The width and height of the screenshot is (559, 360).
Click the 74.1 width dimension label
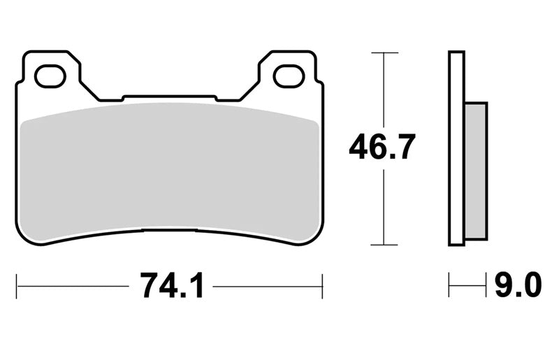pyautogui.click(x=172, y=285)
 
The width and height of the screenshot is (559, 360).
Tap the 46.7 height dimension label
pyautogui.click(x=382, y=146)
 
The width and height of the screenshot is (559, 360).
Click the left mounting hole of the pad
pyautogui.click(x=50, y=76)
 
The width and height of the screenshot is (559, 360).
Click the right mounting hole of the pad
pyautogui.click(x=289, y=76)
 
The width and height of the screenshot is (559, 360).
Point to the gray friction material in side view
pyautogui.click(x=476, y=171)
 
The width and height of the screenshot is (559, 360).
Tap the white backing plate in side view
pyautogui.click(x=457, y=148)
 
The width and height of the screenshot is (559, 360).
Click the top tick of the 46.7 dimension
pyautogui.click(x=384, y=53)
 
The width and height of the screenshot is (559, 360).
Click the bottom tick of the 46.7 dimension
pyautogui.click(x=384, y=245)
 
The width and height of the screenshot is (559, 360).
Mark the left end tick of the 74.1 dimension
pyautogui.click(x=16, y=286)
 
